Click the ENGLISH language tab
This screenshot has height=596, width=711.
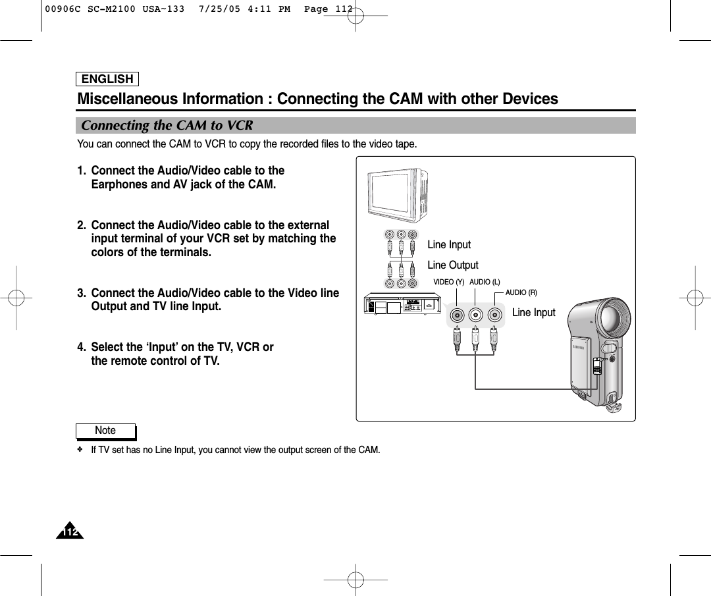point(107,80)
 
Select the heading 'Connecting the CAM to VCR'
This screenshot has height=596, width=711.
point(167,125)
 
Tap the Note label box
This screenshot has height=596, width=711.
point(105,431)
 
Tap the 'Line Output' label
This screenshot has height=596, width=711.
point(453,265)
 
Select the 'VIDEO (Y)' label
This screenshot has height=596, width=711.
point(448,282)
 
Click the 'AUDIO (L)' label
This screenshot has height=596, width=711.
point(485,282)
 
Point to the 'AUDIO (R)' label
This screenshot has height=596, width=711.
point(521,292)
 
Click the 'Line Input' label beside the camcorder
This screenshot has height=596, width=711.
point(533,313)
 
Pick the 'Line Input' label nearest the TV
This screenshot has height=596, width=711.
point(449,245)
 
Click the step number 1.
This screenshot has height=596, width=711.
point(82,171)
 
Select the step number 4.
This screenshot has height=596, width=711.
point(82,347)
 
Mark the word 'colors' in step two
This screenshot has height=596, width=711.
point(109,253)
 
